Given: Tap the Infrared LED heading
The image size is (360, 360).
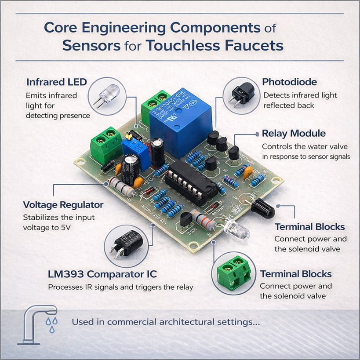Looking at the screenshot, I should (57, 82).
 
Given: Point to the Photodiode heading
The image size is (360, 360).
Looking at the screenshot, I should (289, 82).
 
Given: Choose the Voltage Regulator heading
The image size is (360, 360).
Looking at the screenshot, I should (63, 205).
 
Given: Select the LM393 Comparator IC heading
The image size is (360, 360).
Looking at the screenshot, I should (102, 274).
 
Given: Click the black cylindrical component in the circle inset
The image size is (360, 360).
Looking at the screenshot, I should (127, 243).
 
